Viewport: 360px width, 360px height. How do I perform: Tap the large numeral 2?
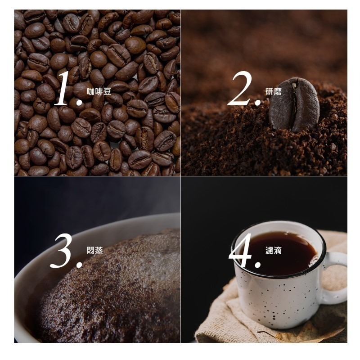(x=240, y=88)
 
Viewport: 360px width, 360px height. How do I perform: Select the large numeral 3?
(x=62, y=251)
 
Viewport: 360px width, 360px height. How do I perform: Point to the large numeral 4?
(x=241, y=251)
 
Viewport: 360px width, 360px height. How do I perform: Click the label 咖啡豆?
(x=99, y=92)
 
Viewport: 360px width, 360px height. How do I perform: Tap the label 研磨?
(x=274, y=92)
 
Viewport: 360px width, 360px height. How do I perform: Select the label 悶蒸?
(x=95, y=250)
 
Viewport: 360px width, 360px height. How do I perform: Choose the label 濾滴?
(x=274, y=250)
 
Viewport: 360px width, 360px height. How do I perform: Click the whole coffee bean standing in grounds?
(x=294, y=104)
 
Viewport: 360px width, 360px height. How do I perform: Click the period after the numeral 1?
(x=79, y=102)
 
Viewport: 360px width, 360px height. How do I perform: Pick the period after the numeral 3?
(x=79, y=265)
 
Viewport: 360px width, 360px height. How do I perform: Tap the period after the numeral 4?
(x=257, y=265)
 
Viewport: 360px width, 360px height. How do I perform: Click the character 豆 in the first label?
(x=107, y=92)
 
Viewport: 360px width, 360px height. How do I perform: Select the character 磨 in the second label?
(x=278, y=92)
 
